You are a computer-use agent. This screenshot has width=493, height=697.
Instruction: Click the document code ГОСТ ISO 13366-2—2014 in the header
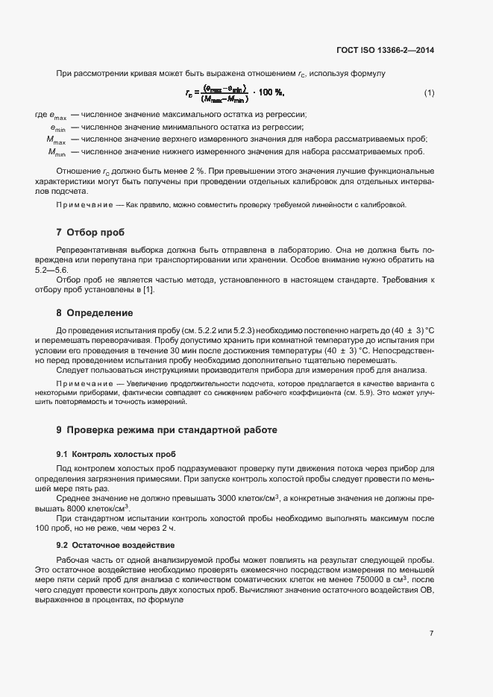click(386, 50)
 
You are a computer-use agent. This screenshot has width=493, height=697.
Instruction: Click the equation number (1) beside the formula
click(429, 92)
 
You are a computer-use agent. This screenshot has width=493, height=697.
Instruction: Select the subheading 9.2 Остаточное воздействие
click(113, 546)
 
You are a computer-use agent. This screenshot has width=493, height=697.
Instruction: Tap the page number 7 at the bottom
click(431, 633)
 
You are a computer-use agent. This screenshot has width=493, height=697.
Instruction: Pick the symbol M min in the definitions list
click(57, 152)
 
